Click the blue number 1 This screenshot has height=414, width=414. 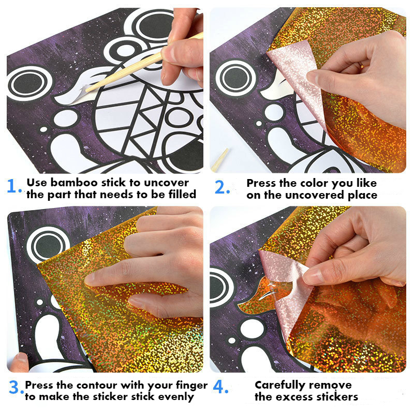point(14,187)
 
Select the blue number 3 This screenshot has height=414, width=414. point(15,390)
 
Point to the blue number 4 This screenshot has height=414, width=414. point(222,389)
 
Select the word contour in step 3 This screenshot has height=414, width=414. point(97,385)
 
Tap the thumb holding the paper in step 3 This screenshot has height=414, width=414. point(20,361)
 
